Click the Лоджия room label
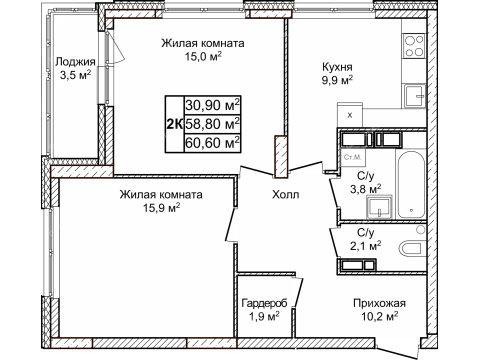click(x=75, y=62)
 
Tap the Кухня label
click(x=337, y=67)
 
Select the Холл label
click(x=286, y=194)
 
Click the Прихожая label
click(x=379, y=303)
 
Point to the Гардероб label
click(x=264, y=303)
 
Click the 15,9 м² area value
click(x=162, y=208)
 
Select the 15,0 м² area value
click(x=203, y=56)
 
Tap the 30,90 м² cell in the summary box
click(x=212, y=105)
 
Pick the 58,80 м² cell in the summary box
click(x=212, y=124)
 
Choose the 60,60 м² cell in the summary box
click(x=212, y=143)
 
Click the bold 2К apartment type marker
click(x=174, y=124)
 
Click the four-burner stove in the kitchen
click(x=414, y=45)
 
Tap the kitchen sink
click(x=415, y=96)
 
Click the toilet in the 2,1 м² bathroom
click(x=411, y=249)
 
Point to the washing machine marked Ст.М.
click(x=353, y=157)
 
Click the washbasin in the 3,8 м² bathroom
click(x=380, y=207)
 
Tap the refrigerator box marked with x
click(x=350, y=115)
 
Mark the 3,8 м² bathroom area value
click(x=365, y=189)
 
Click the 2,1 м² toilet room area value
click(x=365, y=246)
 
